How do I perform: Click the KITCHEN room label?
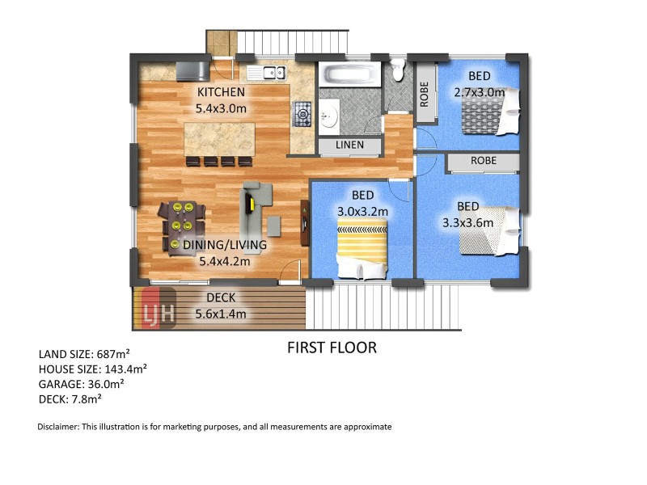click(x=221, y=92)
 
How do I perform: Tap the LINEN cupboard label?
click(x=349, y=145)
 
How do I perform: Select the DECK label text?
click(x=221, y=297)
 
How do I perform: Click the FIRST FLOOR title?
click(x=332, y=348)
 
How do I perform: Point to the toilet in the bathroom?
click(x=398, y=70)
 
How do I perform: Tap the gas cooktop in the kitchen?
click(x=302, y=114)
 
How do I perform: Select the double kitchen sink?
click(x=274, y=73)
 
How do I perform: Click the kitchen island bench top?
click(x=219, y=139)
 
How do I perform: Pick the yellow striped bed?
click(x=362, y=247)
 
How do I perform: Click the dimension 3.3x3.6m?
click(x=468, y=223)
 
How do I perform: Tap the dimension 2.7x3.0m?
click(x=479, y=92)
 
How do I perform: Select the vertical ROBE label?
click(x=424, y=94)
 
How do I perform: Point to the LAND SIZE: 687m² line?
click(x=84, y=354)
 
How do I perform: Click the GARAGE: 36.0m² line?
click(x=82, y=384)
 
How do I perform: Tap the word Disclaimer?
click(x=58, y=427)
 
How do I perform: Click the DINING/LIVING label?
click(x=225, y=245)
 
